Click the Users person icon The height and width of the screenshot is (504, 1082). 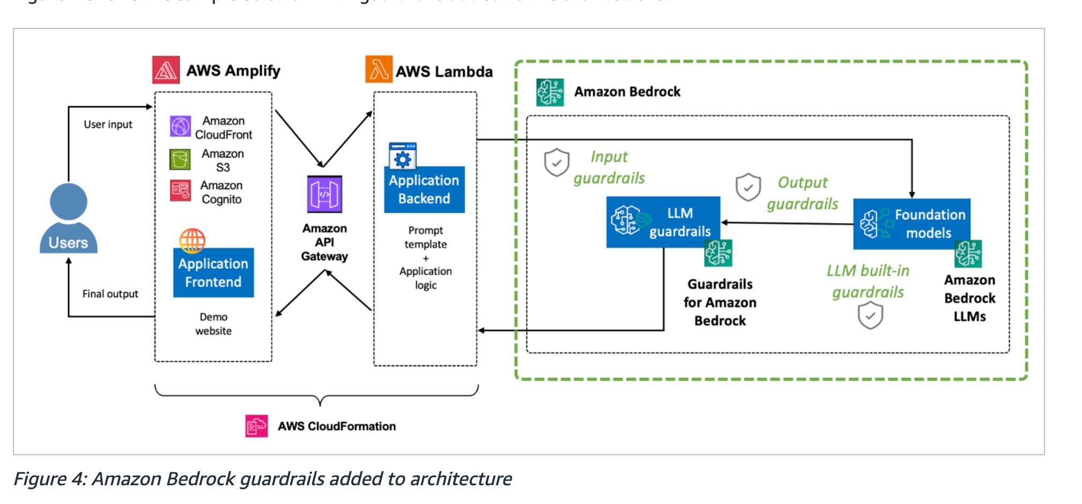(x=69, y=217)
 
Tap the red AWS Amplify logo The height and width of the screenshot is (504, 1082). (x=166, y=70)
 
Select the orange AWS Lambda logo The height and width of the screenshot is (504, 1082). (x=379, y=70)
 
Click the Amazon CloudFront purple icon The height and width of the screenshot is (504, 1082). (x=180, y=127)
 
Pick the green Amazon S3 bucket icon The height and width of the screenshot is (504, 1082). (x=180, y=159)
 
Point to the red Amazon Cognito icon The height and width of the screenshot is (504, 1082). (x=180, y=190)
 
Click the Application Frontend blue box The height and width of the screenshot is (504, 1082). (x=213, y=272)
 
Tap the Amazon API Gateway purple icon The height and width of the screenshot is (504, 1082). (x=324, y=194)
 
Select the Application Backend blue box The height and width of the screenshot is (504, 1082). (x=424, y=189)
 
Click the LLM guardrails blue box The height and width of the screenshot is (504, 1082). (x=663, y=222)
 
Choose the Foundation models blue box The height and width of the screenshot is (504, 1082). (x=911, y=224)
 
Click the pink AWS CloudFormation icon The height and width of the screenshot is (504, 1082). (x=256, y=426)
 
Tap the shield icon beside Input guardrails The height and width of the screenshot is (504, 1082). (x=557, y=162)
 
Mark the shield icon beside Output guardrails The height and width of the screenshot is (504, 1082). (x=748, y=187)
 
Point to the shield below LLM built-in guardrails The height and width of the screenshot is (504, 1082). (x=870, y=315)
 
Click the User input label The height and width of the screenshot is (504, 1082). (x=108, y=124)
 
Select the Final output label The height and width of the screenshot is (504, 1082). (x=110, y=294)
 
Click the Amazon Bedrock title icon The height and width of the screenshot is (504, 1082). (x=550, y=92)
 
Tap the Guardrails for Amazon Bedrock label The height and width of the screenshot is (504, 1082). (x=720, y=302)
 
